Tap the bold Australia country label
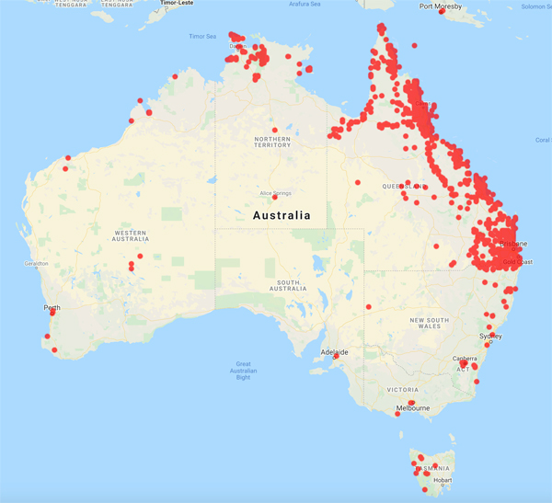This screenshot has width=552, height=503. pos(282,215)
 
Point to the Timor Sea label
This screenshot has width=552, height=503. pos(201,37)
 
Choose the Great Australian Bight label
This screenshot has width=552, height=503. pos(244,371)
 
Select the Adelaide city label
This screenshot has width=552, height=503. pos(334,351)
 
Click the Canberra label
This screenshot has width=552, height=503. pos(464,359)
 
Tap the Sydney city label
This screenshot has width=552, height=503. pos(490,336)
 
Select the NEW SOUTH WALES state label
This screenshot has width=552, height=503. pos(430,323)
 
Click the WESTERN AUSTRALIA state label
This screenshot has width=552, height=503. pos(111,234)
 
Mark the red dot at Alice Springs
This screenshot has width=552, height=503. pos(274,197)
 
